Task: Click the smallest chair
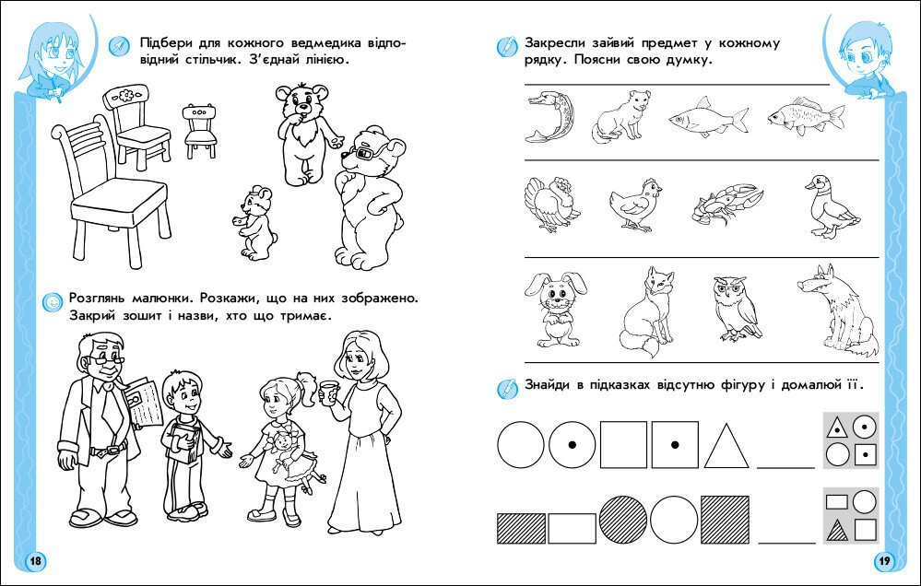pyautogui.click(x=200, y=131)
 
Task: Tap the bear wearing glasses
pyautogui.click(x=369, y=196)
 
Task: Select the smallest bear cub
pyautogui.click(x=255, y=223)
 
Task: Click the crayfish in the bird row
pyautogui.click(x=727, y=205)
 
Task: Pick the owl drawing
pyautogui.click(x=736, y=309)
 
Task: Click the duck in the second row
pyautogui.click(x=831, y=206)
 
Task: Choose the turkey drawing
pyautogui.click(x=551, y=204)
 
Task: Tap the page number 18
pyautogui.click(x=35, y=561)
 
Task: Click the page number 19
pyautogui.click(x=884, y=561)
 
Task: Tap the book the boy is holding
pyautogui.click(x=183, y=445)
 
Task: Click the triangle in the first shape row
pyautogui.click(x=726, y=446)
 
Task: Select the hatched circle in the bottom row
pyautogui.click(x=623, y=519)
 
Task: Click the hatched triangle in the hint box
pyautogui.click(x=838, y=532)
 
